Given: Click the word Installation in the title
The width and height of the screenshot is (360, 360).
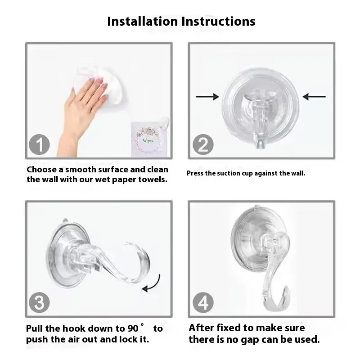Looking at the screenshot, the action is tap(143, 21).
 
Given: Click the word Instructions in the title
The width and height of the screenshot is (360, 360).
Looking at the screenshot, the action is tap(218, 21).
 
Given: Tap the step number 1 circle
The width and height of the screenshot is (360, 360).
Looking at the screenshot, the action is tap(39, 144).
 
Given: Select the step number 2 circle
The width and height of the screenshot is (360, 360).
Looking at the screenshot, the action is tap(203, 144).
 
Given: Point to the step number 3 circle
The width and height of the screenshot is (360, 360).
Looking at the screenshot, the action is tap(39, 302).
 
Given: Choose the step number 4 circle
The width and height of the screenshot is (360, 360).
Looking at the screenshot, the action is tap(203, 302).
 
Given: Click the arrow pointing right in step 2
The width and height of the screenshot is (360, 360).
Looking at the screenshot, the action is tap(207, 97).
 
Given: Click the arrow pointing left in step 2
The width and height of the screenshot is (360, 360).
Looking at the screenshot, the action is tap(314, 97).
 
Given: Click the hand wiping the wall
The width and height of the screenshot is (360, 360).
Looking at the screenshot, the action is tap(84, 110).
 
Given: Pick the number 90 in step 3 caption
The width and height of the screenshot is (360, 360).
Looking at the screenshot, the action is tap(133, 328).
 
